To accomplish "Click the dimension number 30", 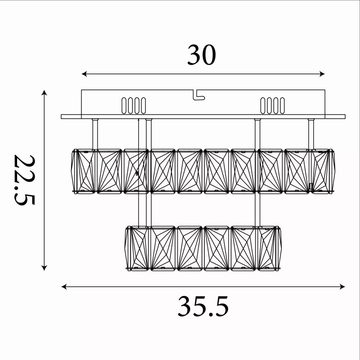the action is click(202, 55).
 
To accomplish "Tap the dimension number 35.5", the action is click(203, 306).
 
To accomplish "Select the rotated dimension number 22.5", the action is click(24, 180).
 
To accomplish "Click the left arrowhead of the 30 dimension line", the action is click(84, 74).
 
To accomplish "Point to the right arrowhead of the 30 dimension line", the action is click(322, 74).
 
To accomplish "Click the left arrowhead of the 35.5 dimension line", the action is click(64, 287).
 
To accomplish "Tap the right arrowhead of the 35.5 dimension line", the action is click(342, 287).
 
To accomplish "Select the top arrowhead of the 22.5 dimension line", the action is click(44, 93).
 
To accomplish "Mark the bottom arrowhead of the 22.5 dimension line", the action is click(44, 268).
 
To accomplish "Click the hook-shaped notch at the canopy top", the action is click(198, 95).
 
